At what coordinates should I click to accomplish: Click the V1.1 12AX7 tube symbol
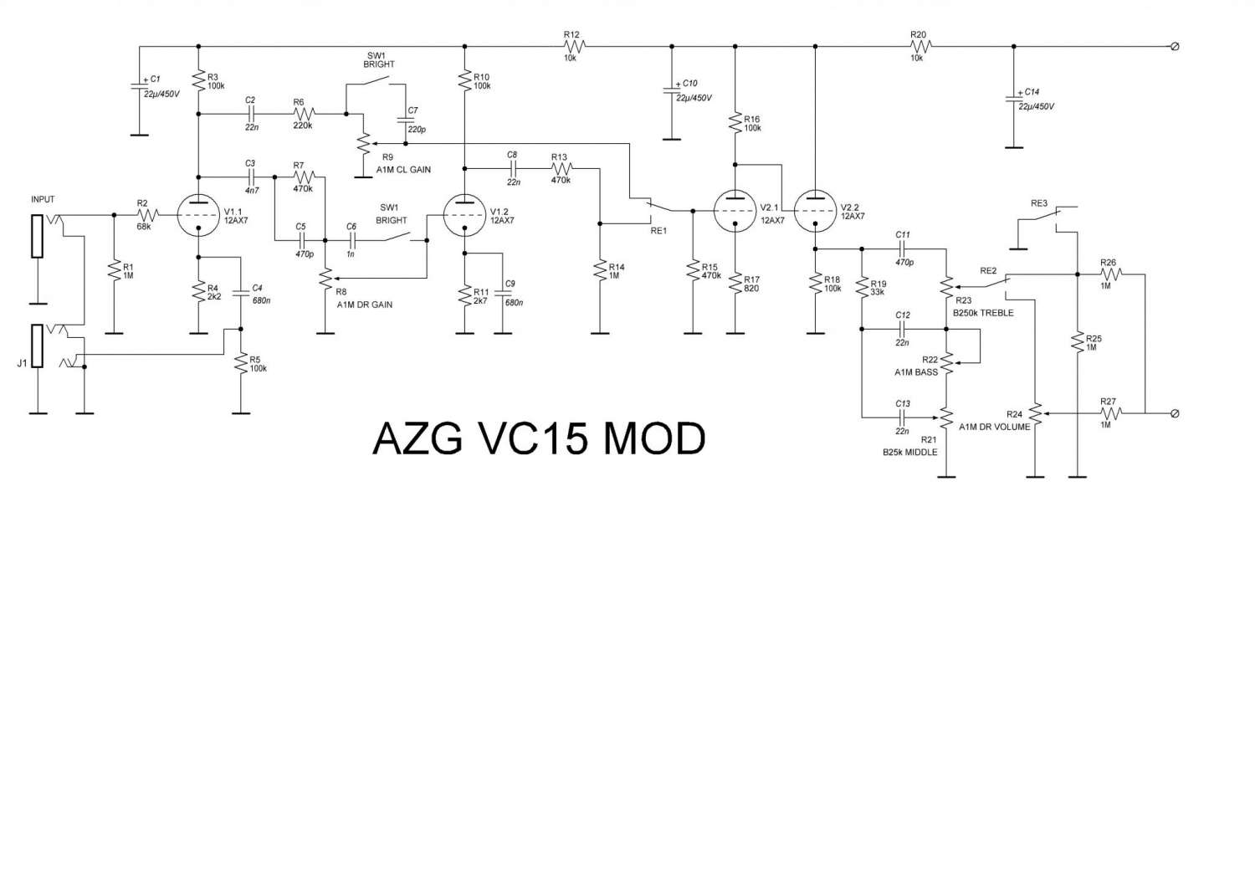pyautogui.click(x=198, y=215)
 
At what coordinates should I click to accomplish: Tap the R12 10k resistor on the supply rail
pyautogui.click(x=574, y=47)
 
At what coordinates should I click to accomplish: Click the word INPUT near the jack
pyautogui.click(x=43, y=200)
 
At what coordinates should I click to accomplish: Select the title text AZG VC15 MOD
pyautogui.click(x=539, y=438)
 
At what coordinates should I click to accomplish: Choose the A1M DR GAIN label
pyautogui.click(x=365, y=305)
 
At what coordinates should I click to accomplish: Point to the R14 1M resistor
pyautogui.click(x=599, y=271)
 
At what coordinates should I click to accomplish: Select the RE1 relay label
pyautogui.click(x=658, y=230)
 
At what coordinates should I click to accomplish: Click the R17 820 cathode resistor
pyautogui.click(x=735, y=283)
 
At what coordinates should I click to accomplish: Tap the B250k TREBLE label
pyautogui.click(x=983, y=313)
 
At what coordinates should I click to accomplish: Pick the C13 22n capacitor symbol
pyautogui.click(x=902, y=416)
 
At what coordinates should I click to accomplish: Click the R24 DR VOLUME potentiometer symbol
pyautogui.click(x=1036, y=413)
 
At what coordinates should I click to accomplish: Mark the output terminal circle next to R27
pyautogui.click(x=1175, y=413)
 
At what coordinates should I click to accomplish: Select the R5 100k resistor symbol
pyautogui.click(x=240, y=364)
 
